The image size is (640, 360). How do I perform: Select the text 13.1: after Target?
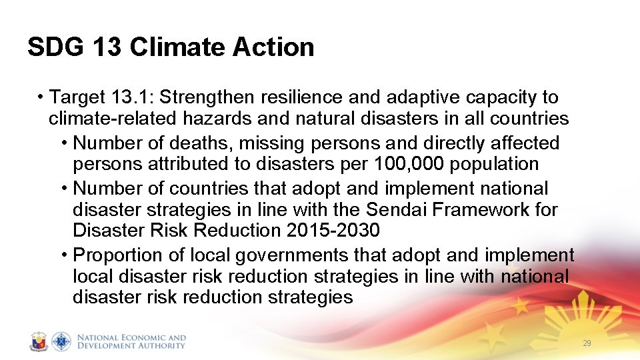131,97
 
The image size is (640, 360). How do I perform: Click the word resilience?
302,97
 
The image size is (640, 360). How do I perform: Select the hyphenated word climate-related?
117,119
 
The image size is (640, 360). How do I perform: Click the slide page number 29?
587,343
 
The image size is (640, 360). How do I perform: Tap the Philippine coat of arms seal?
39,341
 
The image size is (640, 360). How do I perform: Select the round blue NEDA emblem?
61,341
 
